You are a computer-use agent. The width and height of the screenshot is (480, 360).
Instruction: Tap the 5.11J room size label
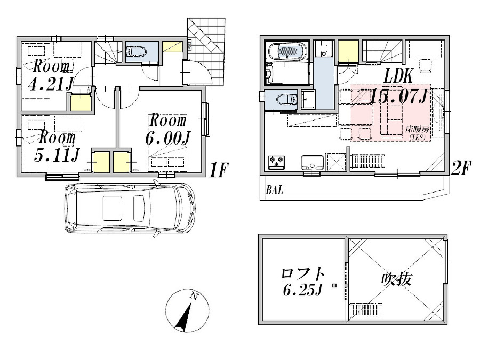[57, 155]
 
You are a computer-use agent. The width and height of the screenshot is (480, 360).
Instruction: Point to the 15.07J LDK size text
[398, 97]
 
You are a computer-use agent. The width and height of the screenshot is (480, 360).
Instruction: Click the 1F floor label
[219, 170]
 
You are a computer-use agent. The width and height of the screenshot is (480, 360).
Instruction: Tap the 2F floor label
[460, 168]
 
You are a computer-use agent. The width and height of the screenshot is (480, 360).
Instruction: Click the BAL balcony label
[274, 190]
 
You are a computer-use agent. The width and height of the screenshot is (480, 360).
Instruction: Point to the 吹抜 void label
[396, 278]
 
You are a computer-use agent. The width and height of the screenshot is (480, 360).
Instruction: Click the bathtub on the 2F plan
[287, 50]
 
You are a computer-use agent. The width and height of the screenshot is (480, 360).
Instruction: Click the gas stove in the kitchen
[276, 162]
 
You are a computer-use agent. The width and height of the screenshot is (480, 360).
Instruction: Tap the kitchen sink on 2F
[312, 162]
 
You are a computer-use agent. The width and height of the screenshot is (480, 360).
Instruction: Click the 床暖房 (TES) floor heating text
[417, 133]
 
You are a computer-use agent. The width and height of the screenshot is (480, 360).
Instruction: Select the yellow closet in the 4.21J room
[81, 103]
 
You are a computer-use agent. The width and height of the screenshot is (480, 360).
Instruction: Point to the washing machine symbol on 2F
[322, 49]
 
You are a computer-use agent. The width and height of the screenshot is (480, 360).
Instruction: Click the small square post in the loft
[334, 286]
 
